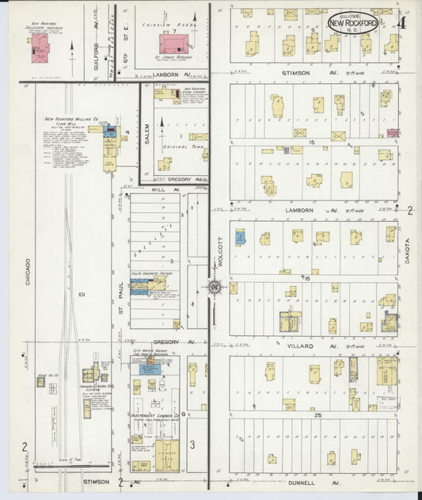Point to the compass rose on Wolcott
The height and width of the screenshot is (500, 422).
pyautogui.click(x=214, y=288)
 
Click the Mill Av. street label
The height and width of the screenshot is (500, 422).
pyautogui.click(x=161, y=190)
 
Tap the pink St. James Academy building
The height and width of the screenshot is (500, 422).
pyautogui.click(x=170, y=44)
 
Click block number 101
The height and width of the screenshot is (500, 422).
pyautogui.click(x=81, y=295)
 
